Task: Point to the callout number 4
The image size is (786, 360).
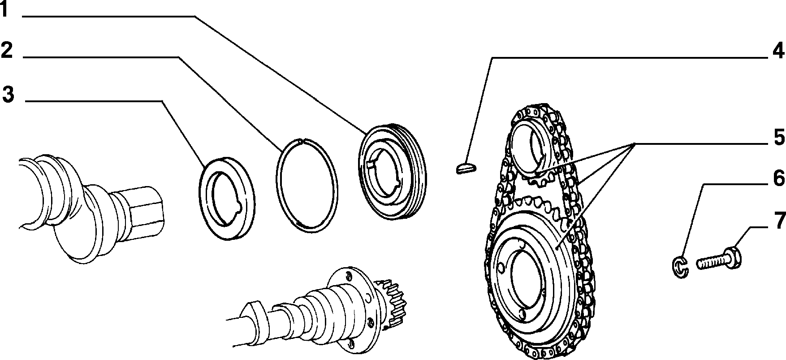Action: click(x=778, y=51)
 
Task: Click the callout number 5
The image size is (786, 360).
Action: click(x=779, y=138)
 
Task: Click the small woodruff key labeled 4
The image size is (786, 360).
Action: click(x=466, y=168)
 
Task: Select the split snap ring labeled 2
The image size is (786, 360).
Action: click(x=307, y=185)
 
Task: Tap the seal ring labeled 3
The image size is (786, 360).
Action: click(x=226, y=199)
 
